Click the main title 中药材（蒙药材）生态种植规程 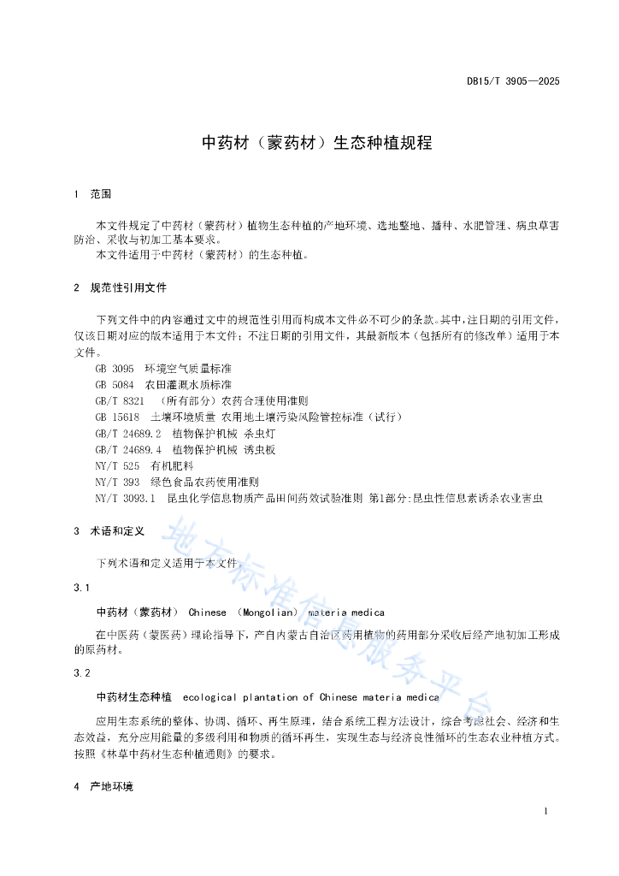coord(317,143)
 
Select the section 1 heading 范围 coord(101,194)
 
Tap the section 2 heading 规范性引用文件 coord(128,287)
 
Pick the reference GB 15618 coord(117,417)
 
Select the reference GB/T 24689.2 coord(128,433)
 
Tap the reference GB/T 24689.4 coord(128,449)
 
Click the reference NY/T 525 coord(117,465)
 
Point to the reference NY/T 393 coord(117,482)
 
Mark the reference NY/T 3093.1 coord(126,498)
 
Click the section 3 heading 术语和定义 coord(117,531)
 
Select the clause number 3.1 coord(82,588)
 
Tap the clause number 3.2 coord(82,673)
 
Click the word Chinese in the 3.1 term coord(208,613)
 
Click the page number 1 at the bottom coord(545,811)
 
